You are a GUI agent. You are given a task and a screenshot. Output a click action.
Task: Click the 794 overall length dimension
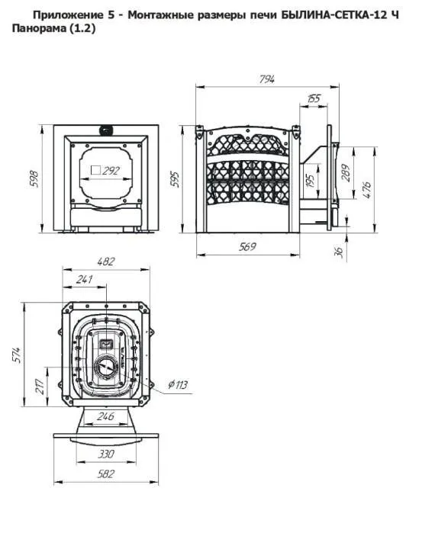coord(266,79)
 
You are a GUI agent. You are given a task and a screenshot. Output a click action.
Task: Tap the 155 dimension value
coord(314,98)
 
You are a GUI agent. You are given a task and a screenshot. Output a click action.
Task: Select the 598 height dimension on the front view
coord(34,179)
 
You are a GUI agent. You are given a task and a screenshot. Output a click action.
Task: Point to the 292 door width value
coord(111,171)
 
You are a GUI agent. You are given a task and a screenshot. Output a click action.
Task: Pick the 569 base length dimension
coord(247,247)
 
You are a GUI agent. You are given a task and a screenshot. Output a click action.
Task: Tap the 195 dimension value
coord(310,180)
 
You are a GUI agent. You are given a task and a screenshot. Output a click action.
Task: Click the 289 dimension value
coord(346,172)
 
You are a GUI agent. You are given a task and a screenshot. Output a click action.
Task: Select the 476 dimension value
coord(366,190)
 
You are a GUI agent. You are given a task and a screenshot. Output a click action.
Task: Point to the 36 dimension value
coord(339,252)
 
